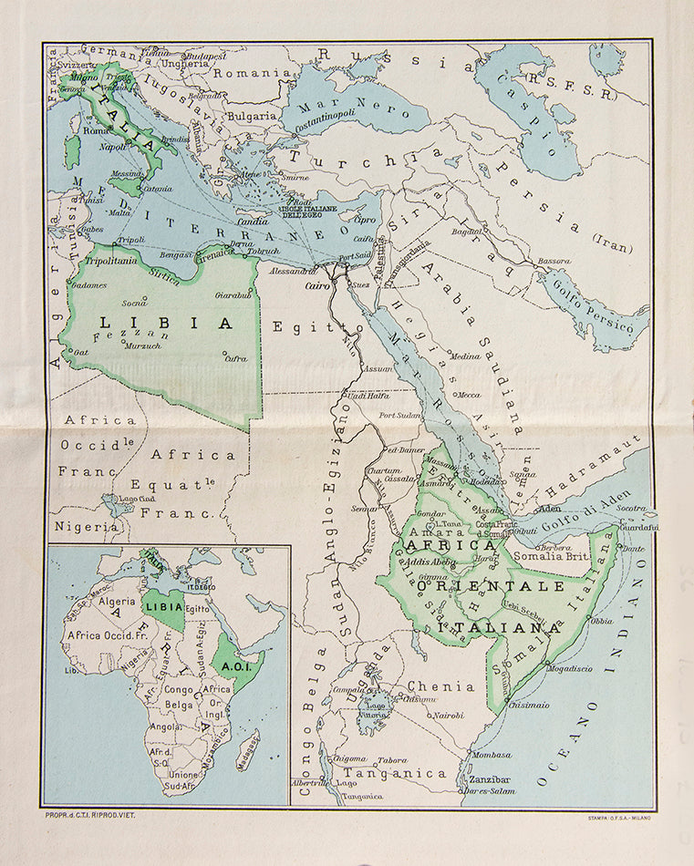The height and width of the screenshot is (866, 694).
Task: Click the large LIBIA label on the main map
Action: [164, 323]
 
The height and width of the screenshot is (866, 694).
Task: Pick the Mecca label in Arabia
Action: [467, 395]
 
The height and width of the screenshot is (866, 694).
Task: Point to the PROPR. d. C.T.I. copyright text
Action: [89, 815]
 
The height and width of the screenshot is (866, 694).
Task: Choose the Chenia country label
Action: [440, 686]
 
